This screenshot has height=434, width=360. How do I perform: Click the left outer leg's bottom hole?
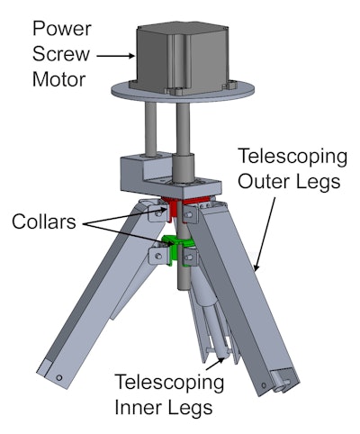click(x=59, y=379)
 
